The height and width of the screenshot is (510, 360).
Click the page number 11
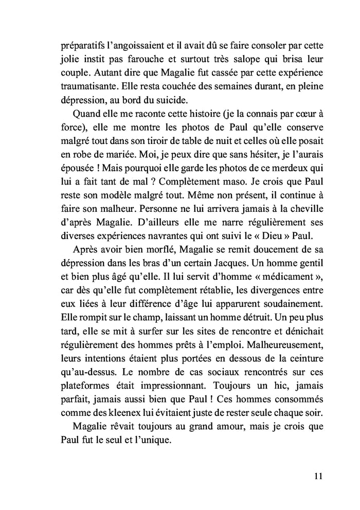(x=317, y=476)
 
